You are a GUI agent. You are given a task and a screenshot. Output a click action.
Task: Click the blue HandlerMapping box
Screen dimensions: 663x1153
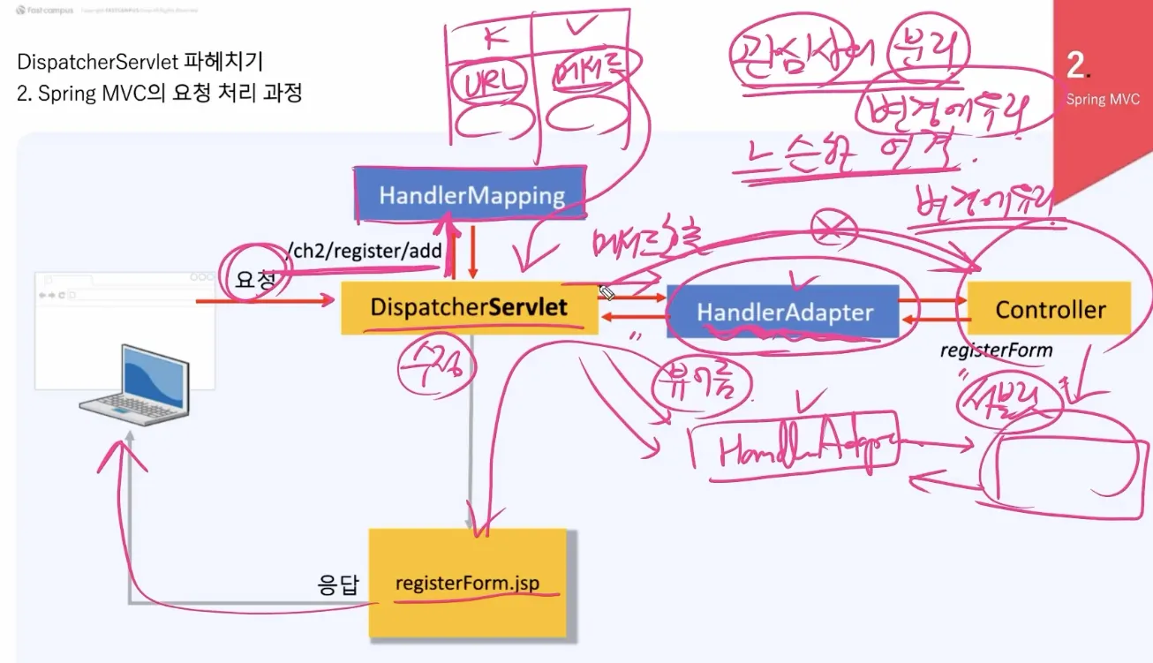[470, 194]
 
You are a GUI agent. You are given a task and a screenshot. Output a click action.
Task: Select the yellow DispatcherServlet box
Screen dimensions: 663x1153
[469, 307]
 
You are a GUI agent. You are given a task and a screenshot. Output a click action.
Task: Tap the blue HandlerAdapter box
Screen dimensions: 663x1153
[784, 312]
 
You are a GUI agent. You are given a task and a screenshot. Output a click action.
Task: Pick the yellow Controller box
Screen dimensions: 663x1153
[1049, 309]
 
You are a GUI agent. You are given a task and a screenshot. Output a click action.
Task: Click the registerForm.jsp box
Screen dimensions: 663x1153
[467, 584]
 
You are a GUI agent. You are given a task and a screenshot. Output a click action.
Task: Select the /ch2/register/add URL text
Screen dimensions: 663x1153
[365, 250]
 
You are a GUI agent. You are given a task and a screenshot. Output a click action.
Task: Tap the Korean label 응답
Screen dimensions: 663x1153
[337, 584]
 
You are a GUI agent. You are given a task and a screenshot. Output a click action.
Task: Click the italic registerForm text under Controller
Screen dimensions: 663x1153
[996, 350]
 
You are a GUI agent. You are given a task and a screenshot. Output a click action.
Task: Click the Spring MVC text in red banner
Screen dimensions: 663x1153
[1103, 99]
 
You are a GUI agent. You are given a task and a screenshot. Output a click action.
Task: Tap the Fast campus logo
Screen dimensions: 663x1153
[44, 11]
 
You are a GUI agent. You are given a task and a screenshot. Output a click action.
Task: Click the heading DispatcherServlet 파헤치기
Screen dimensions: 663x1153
[139, 62]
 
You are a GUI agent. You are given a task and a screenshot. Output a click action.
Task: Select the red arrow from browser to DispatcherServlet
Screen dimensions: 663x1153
[265, 302]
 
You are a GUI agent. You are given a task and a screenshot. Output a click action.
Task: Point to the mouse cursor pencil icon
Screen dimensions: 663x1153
[607, 292]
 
